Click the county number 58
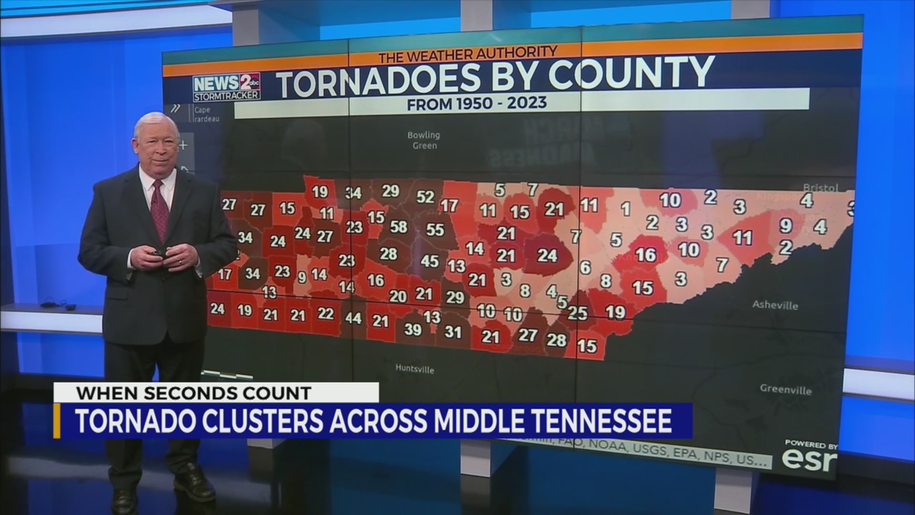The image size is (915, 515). [x=398, y=227]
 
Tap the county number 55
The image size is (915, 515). [x=435, y=230]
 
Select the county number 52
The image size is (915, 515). [x=425, y=197]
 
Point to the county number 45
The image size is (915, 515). [x=429, y=261]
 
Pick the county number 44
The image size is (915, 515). [x=353, y=318]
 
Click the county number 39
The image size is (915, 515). [x=413, y=329]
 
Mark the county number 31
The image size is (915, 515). [x=453, y=332]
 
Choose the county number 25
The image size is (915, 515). [x=578, y=313]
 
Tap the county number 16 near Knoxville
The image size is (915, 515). [x=646, y=255]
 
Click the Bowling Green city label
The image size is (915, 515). [x=424, y=140]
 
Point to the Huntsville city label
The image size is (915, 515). [x=415, y=369]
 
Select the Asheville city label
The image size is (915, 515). [x=775, y=305]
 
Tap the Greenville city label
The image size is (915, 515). [x=785, y=390]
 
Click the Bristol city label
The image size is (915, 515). [x=821, y=187]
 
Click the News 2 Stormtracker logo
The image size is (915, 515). [x=226, y=87]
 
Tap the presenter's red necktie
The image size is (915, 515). [x=160, y=210]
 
